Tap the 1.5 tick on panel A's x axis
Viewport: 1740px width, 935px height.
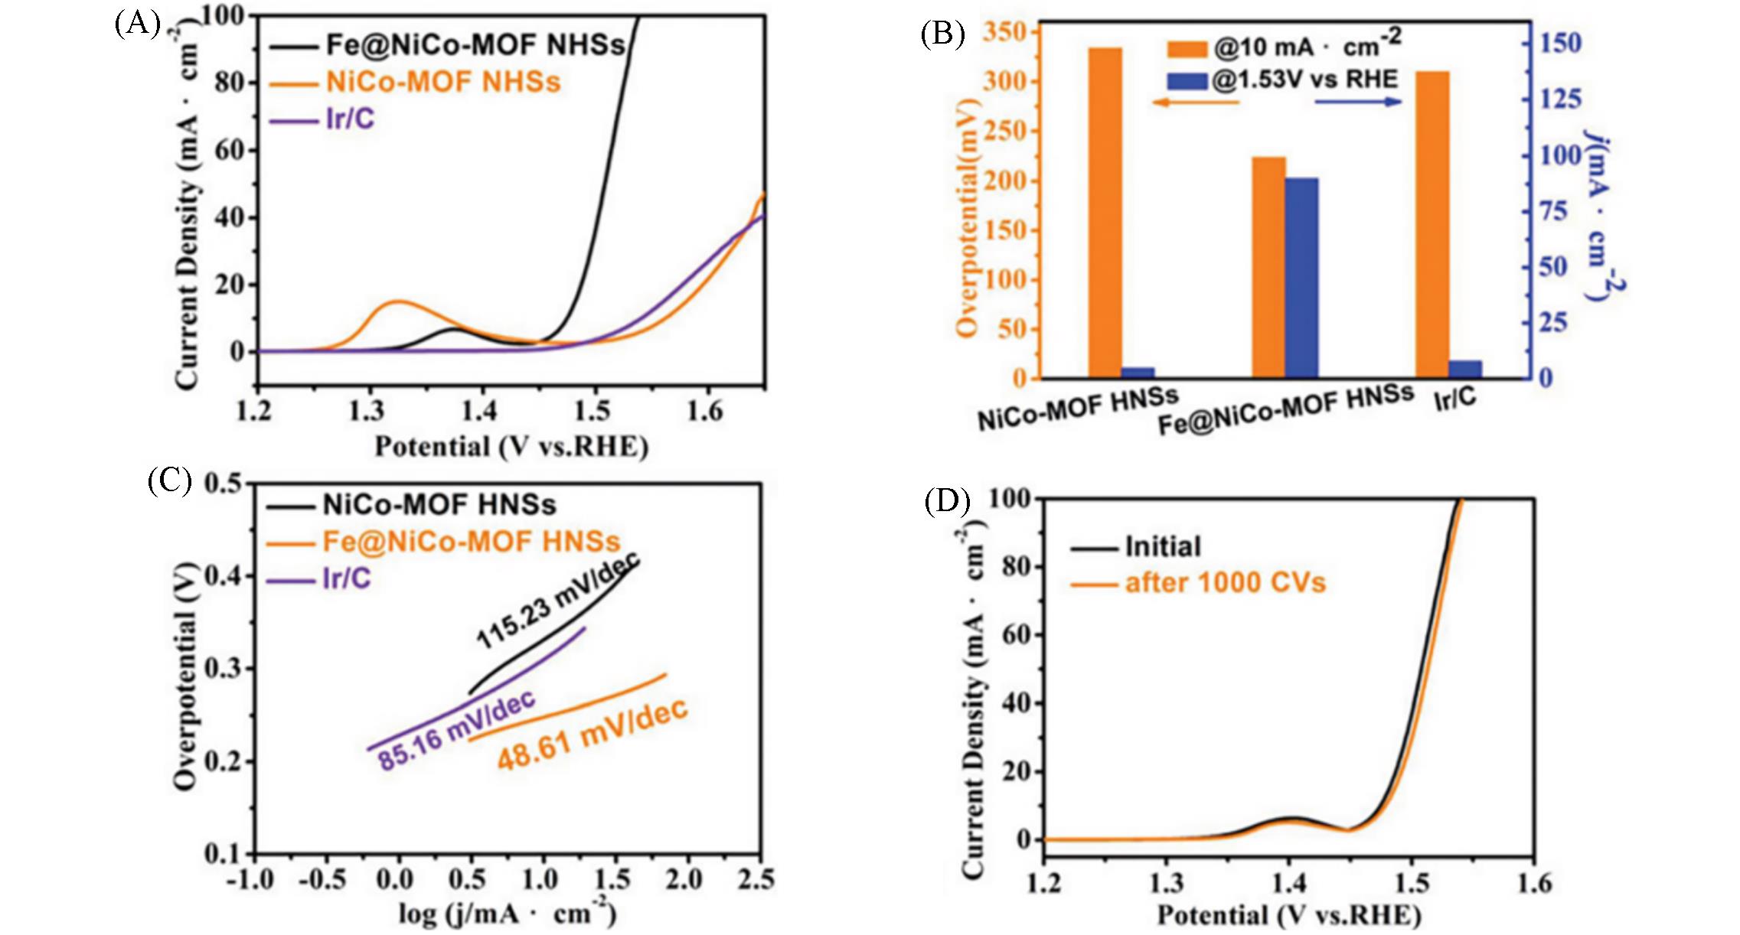(593, 411)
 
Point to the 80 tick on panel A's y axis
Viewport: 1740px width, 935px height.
(229, 82)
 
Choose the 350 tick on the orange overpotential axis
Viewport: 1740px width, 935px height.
(1008, 32)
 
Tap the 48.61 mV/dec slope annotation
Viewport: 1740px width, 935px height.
(593, 734)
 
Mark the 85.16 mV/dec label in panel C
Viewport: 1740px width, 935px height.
(457, 731)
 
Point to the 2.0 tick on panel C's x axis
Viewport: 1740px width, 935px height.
(683, 879)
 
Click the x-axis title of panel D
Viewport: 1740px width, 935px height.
(1288, 915)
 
